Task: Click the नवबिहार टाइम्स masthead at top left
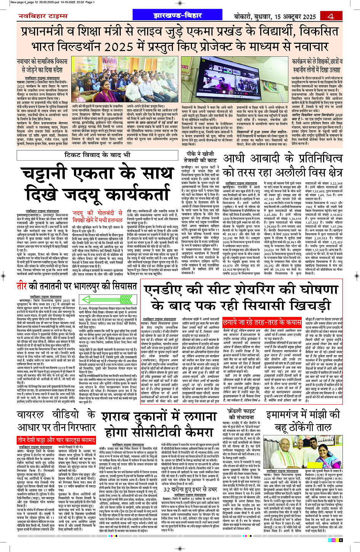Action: pos(43,16)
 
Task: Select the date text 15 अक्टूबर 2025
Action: pos(295,17)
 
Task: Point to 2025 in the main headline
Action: pos(120,46)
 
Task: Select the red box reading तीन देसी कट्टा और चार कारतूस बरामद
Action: pos(56,440)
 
